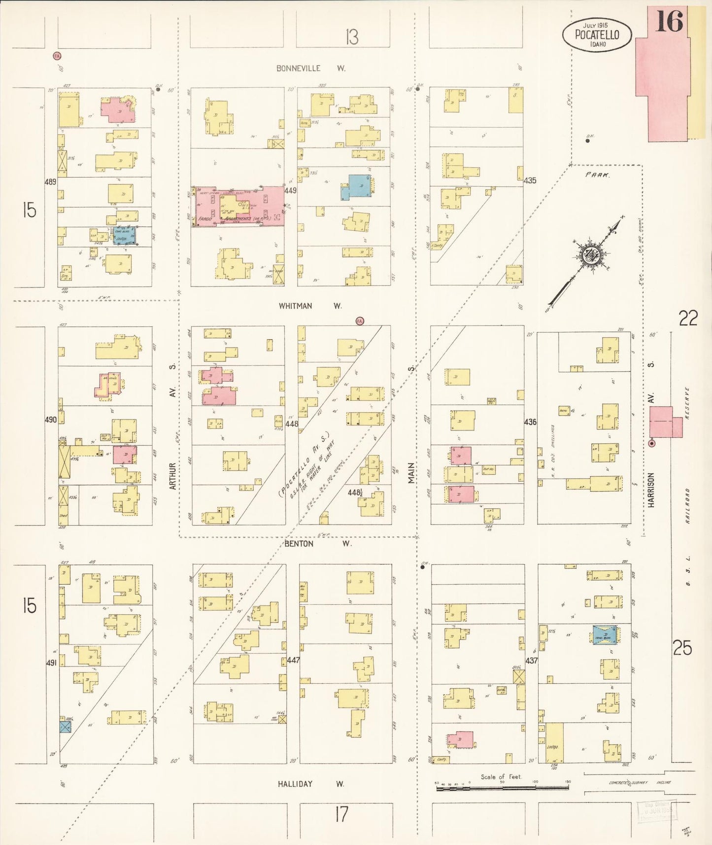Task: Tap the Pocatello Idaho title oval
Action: [597, 35]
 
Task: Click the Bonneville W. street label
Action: [310, 69]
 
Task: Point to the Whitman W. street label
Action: [310, 306]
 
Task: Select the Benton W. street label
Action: [317, 544]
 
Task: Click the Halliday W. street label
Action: [310, 784]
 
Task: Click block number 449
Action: [290, 190]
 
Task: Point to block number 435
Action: [530, 180]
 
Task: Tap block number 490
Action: [51, 420]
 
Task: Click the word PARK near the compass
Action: [597, 175]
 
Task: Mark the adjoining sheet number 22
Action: [688, 318]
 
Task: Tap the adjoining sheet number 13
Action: [351, 37]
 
